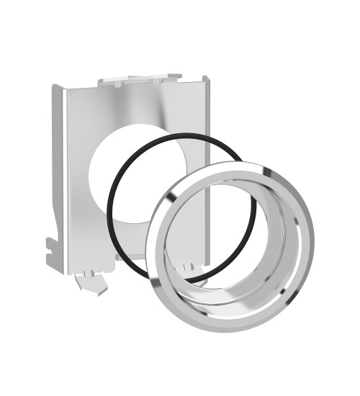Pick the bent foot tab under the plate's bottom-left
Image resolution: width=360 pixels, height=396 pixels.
[x=89, y=282]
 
